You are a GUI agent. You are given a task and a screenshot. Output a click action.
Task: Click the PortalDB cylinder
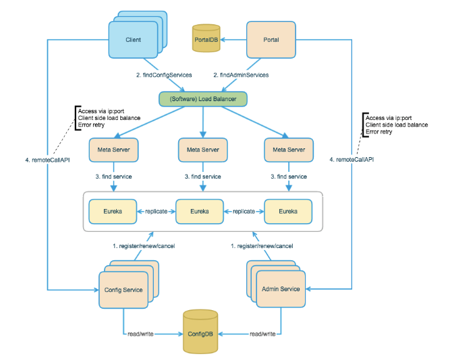206,38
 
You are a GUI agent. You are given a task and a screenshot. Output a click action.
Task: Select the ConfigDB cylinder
200,332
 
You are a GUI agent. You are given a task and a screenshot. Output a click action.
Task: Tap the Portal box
271,40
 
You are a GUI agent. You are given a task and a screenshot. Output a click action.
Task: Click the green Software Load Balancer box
203,99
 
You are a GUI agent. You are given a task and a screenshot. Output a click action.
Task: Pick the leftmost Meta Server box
113,150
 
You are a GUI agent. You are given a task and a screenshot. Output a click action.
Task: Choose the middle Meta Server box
203,150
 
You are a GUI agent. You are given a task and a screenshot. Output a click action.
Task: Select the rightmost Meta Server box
289,150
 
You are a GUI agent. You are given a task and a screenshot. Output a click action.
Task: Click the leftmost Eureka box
113,211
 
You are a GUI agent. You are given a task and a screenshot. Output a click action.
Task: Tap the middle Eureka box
200,211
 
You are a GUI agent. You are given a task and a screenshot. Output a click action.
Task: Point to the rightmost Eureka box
288,211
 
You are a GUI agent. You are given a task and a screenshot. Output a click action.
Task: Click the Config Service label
123,290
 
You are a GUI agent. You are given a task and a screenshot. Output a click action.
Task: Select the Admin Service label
281,289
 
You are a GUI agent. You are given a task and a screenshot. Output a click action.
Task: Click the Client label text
134,40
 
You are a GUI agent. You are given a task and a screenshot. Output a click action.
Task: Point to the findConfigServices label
164,75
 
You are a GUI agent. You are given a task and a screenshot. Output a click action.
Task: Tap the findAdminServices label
241,75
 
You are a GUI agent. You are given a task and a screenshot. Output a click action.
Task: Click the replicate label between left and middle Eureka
157,211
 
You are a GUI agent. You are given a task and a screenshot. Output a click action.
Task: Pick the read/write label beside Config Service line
140,334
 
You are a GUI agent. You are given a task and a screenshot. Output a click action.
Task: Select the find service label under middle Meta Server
203,177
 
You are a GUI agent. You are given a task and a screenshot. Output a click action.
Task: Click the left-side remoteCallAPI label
47,160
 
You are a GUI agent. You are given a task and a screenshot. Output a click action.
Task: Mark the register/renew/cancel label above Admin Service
262,246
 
